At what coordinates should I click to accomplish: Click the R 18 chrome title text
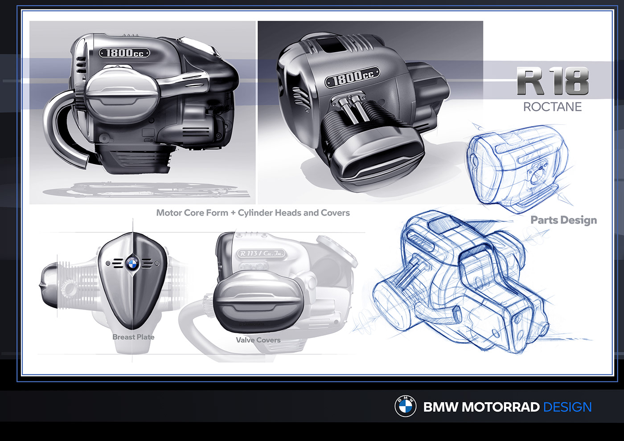[x=553, y=81]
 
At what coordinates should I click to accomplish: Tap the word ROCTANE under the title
[x=552, y=107]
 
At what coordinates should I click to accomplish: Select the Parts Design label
[x=563, y=220]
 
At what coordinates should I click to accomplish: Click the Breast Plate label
[x=133, y=337]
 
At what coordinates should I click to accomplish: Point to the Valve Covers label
[x=258, y=340]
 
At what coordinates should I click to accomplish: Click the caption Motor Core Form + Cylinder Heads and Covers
[x=253, y=213]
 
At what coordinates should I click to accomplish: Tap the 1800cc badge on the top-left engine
[x=124, y=53]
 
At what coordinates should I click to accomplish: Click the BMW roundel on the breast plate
[x=132, y=264]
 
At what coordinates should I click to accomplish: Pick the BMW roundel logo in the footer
[x=405, y=406]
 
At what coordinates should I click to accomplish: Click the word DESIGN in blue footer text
[x=567, y=407]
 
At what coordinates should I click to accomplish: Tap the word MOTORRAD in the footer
[x=501, y=407]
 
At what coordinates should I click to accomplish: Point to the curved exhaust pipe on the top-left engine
[x=60, y=134]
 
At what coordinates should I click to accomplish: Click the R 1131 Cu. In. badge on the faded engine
[x=261, y=253]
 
